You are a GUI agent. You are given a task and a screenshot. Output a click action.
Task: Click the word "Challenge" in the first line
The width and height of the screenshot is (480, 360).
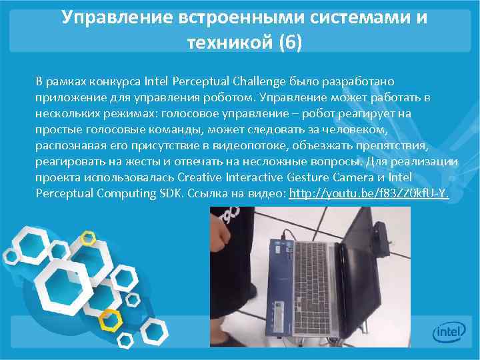[260, 81]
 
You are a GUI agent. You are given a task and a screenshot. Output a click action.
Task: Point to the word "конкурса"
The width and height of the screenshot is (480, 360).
[107, 81]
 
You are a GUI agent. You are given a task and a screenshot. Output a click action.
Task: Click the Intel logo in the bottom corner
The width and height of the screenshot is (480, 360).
[449, 331]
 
